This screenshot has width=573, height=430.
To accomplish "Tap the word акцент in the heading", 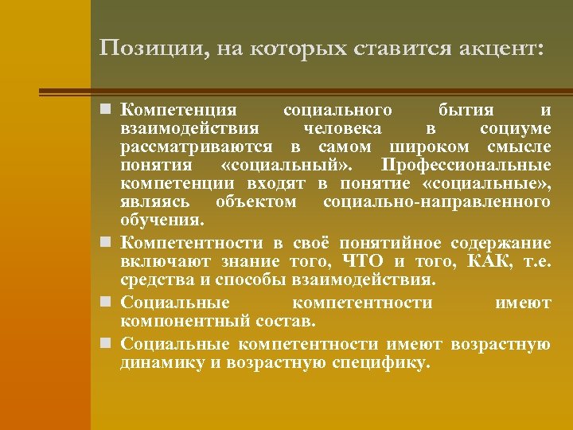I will [x=502, y=49].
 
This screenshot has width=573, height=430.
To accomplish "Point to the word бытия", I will [x=466, y=109].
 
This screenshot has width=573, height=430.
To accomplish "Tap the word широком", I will [x=427, y=147].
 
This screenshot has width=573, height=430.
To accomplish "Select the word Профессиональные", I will [x=466, y=166].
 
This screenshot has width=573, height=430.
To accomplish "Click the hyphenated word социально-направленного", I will [x=436, y=202].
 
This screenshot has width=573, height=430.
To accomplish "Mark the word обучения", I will [x=162, y=221].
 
